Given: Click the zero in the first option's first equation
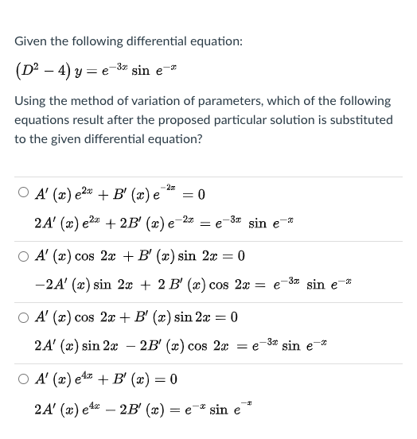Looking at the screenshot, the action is [x=201, y=193].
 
